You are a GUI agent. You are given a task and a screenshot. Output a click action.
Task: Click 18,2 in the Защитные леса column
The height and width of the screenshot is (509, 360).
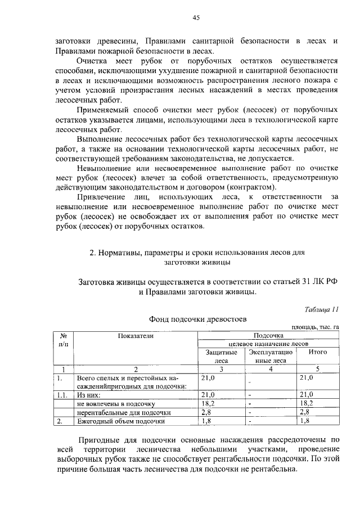[x=209, y=403]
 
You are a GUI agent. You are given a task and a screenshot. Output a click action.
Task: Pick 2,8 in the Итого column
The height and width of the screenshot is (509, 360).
[x=305, y=412]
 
